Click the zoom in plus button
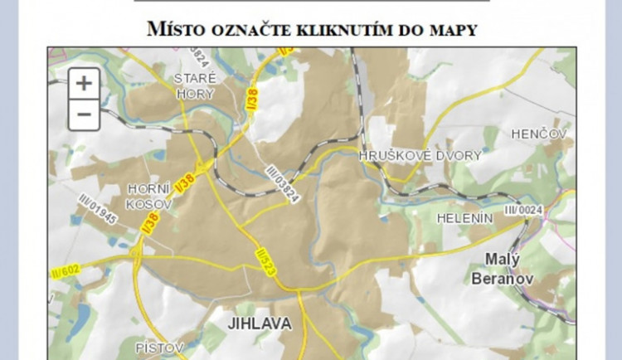pos(84,84)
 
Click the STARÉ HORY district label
pos(196,86)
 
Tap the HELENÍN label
pos(464,217)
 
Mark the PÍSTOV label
pos(158,348)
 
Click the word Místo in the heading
pos(177,30)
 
